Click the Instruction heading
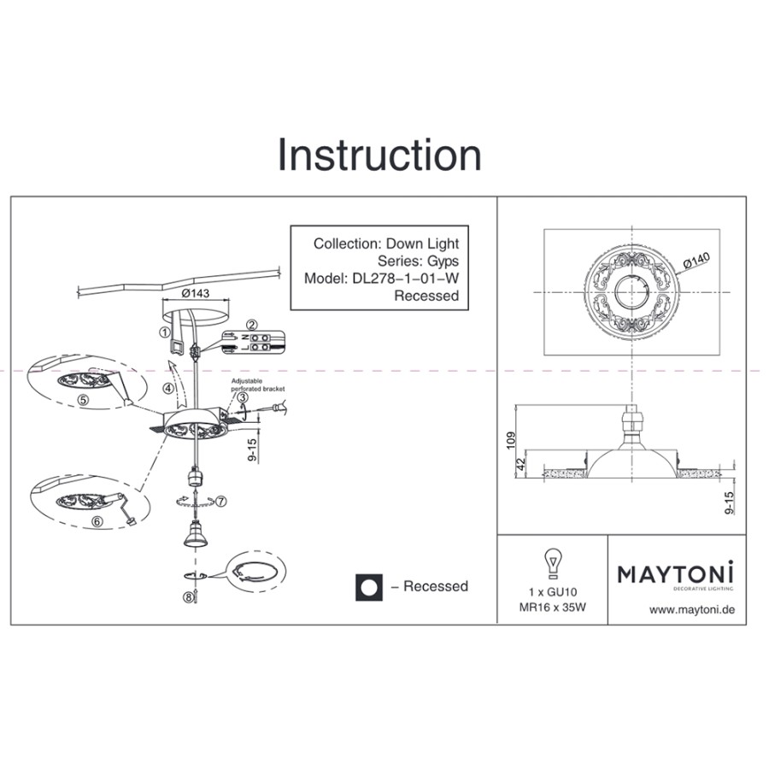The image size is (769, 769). point(379,156)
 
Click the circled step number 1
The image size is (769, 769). point(164,332)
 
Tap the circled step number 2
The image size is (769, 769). point(251,325)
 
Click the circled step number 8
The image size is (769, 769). point(188,598)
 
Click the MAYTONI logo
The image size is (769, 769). point(676,574)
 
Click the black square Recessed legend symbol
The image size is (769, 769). point(368,587)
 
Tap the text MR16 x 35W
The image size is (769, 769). point(552,608)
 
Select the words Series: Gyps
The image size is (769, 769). point(418,261)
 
